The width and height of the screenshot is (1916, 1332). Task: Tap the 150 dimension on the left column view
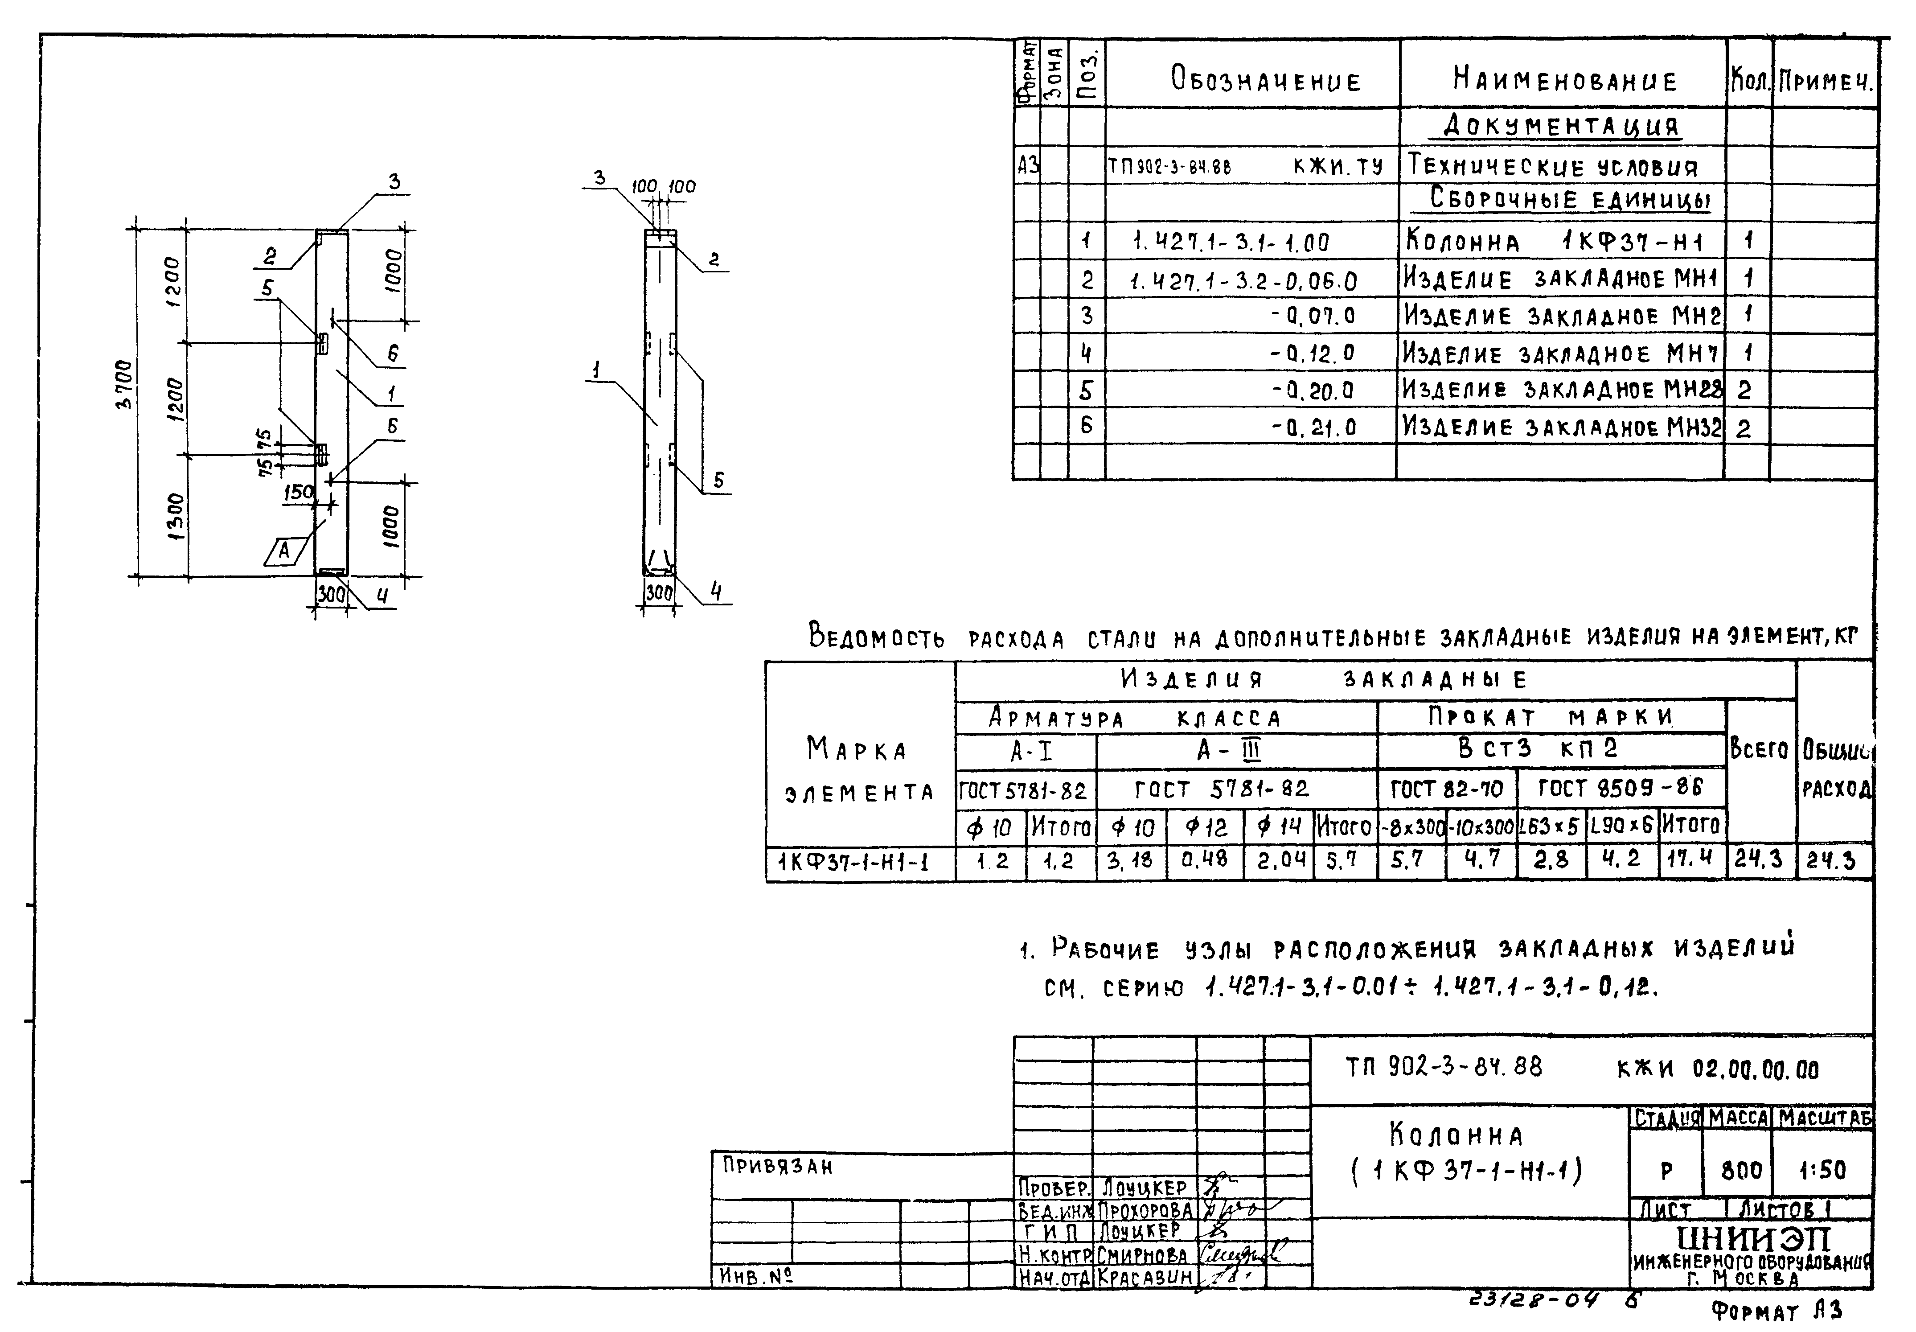pos(297,493)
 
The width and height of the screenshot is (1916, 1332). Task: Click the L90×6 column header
pos(1621,826)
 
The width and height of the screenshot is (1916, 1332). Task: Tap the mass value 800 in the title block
pos(1741,1170)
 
